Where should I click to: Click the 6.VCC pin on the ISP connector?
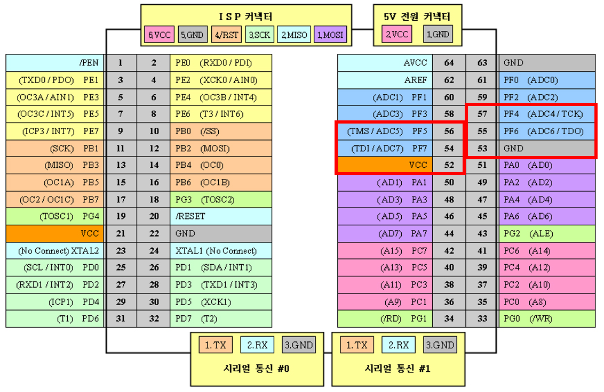(158, 35)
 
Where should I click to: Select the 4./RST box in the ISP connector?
(226, 35)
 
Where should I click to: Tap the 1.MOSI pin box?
(331, 35)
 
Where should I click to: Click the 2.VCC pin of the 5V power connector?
(397, 35)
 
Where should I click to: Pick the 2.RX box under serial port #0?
(254, 345)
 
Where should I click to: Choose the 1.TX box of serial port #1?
(353, 345)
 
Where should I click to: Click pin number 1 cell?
(121, 63)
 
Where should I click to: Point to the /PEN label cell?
(55, 63)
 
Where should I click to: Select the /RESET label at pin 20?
(220, 216)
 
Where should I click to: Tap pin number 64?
(449, 63)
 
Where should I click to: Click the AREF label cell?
(385, 80)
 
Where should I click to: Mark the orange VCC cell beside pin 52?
(385, 165)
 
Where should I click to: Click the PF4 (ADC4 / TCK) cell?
(546, 114)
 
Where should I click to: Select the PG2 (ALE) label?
(546, 233)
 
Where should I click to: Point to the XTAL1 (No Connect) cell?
(220, 250)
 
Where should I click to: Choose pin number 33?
(482, 318)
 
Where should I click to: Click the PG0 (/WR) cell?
(546, 318)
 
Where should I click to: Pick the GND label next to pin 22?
(220, 233)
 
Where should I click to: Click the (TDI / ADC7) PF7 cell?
(385, 148)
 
